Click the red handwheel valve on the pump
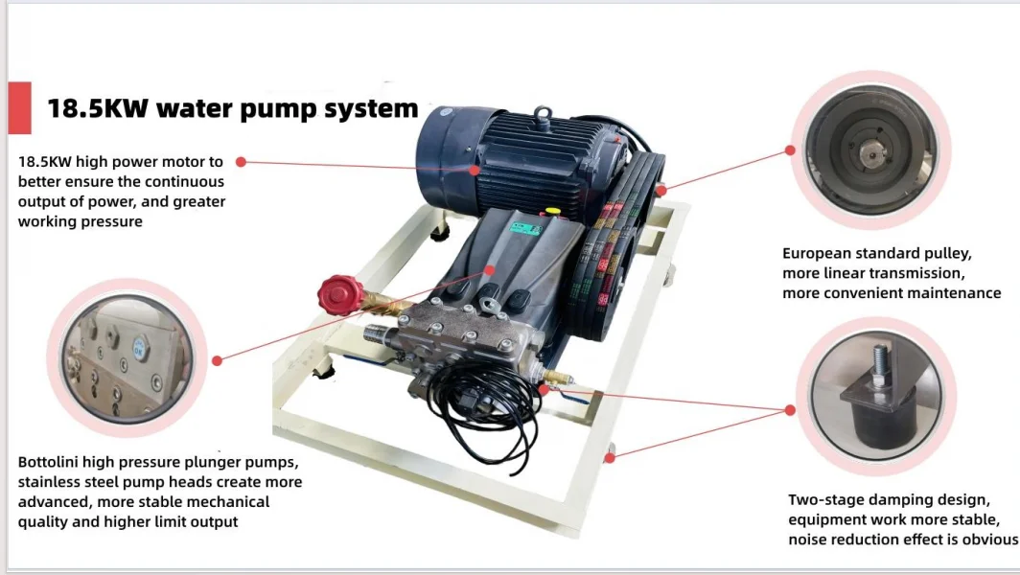coord(340,294)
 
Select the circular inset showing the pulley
coord(869,149)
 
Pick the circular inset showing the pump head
coord(127,357)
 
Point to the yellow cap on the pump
coord(551,206)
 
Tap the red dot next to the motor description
coord(241,162)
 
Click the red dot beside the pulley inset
coord(791,149)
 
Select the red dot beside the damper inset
coord(791,409)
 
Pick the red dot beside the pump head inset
coord(218,360)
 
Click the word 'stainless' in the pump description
coord(50,482)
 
